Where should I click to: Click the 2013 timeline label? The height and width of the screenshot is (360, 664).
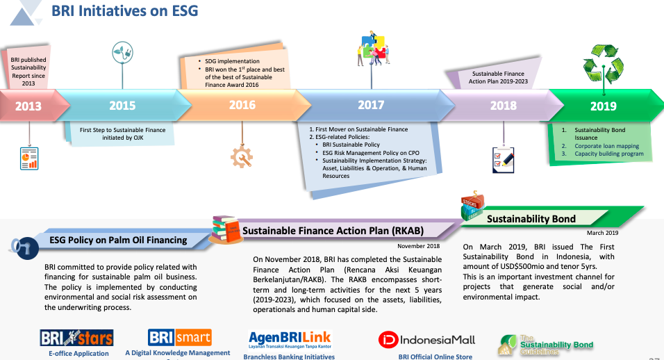(28, 106)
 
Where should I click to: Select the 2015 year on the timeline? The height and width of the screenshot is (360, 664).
(122, 106)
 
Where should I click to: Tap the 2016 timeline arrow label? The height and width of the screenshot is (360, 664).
(242, 106)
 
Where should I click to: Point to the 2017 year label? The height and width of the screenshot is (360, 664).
(371, 105)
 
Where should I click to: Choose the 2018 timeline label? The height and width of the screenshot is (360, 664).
(504, 106)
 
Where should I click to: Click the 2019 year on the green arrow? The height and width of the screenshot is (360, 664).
(603, 106)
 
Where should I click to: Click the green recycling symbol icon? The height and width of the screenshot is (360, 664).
(603, 67)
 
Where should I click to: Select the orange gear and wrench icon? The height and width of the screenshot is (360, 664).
(242, 158)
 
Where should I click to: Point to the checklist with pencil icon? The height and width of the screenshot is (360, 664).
(503, 158)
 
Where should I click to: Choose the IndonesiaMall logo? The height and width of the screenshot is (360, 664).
(426, 340)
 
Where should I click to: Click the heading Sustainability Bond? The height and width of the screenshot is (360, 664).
(531, 218)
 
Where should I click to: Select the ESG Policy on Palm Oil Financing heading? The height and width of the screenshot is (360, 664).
(118, 240)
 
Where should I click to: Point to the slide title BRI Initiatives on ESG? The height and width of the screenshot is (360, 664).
(125, 10)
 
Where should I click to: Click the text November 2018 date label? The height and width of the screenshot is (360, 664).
(419, 246)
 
